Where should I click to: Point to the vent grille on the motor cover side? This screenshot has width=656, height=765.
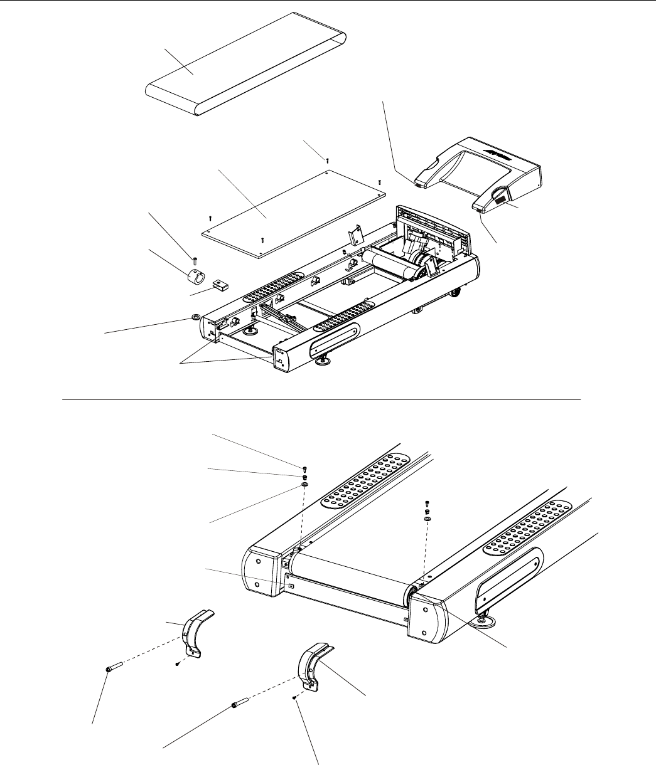(x=502, y=201)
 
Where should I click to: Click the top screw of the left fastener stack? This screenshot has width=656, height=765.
(x=304, y=468)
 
